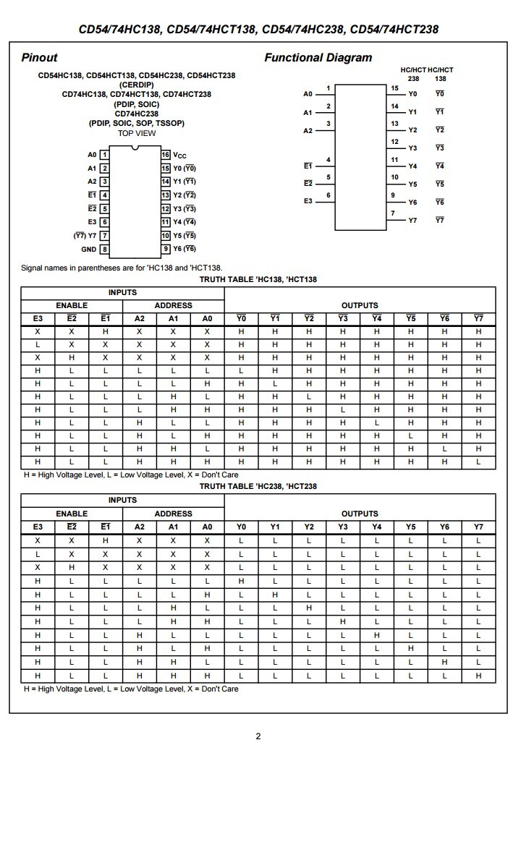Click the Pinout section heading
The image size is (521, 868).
[x=39, y=58]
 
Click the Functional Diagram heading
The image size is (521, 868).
[x=318, y=58]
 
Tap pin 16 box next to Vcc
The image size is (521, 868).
[x=166, y=155]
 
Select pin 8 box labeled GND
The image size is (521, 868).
[x=105, y=250]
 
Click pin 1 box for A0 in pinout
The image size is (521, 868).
[x=105, y=155]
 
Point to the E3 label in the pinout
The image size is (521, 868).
[x=92, y=222]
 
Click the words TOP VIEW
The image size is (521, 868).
[x=137, y=133]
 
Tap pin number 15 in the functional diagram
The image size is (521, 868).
[x=394, y=88]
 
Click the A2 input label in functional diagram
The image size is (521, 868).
[x=308, y=131]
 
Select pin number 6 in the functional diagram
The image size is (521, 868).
[x=329, y=195]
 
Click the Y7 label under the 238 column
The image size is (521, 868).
[x=412, y=221]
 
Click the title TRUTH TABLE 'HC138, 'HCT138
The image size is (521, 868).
[x=258, y=279]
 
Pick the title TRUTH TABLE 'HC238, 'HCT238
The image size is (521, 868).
[x=258, y=487]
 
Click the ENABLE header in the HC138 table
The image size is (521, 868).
[x=72, y=306]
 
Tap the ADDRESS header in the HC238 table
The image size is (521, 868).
[x=174, y=514]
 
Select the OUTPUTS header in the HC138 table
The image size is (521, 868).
[x=360, y=306]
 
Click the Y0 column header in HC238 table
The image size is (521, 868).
[x=242, y=527]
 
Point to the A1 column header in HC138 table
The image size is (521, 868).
[x=174, y=319]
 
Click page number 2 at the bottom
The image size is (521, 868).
[x=258, y=736]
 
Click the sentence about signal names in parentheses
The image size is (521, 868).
[x=122, y=268]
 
